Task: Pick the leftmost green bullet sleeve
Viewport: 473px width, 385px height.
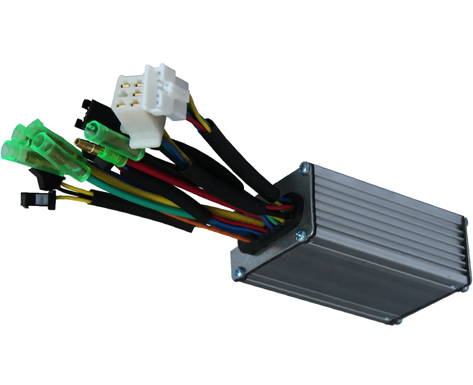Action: [12, 151]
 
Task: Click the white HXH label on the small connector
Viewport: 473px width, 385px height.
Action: [40, 198]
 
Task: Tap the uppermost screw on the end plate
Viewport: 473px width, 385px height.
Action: [305, 166]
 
